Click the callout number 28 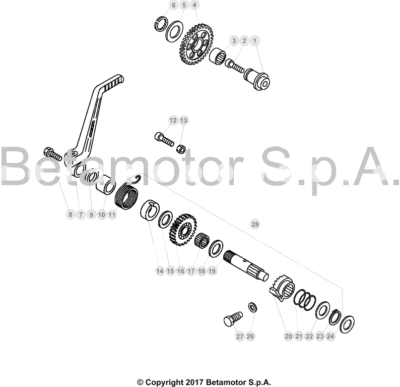coord(255,225)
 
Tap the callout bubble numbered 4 coord(194,5)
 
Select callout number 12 coord(173,120)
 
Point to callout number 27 coord(240,336)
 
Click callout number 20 coord(288,336)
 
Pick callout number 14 coord(160,271)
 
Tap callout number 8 coord(71,214)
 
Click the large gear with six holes coord(196,44)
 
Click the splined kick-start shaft coord(246,265)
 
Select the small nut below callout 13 coord(181,149)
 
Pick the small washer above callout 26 coord(252,307)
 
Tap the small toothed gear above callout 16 coord(183,230)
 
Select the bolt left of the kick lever coord(53,154)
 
